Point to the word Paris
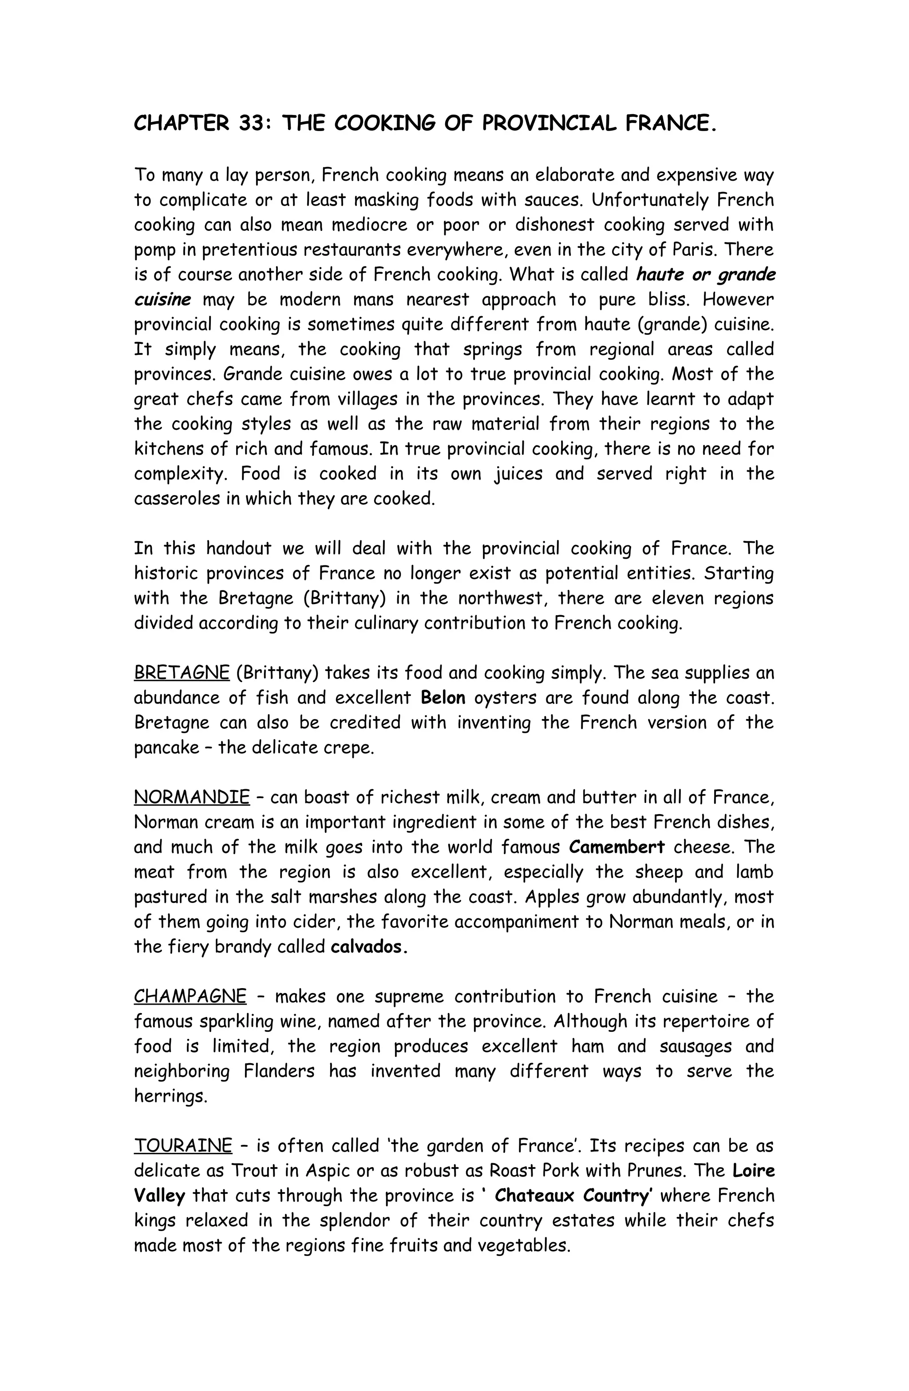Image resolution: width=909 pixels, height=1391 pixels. [698, 250]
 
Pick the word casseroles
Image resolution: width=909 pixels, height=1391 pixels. [176, 499]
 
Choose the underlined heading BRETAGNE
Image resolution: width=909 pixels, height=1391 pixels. [182, 673]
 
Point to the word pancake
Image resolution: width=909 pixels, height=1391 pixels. [166, 748]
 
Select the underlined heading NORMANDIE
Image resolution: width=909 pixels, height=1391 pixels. [192, 798]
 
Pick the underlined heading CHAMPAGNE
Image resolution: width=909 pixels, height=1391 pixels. [190, 997]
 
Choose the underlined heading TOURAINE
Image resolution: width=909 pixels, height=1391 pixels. [183, 1146]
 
